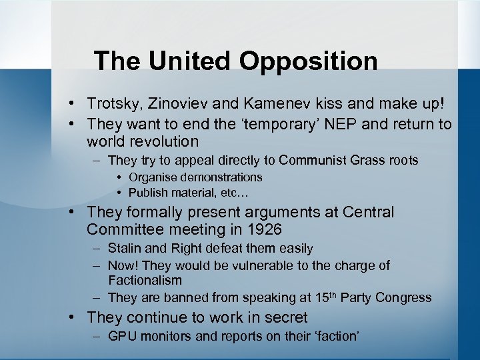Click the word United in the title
click(191, 61)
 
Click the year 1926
click(263, 230)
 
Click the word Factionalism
click(145, 280)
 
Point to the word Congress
click(403, 298)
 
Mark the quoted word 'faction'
click(335, 336)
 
